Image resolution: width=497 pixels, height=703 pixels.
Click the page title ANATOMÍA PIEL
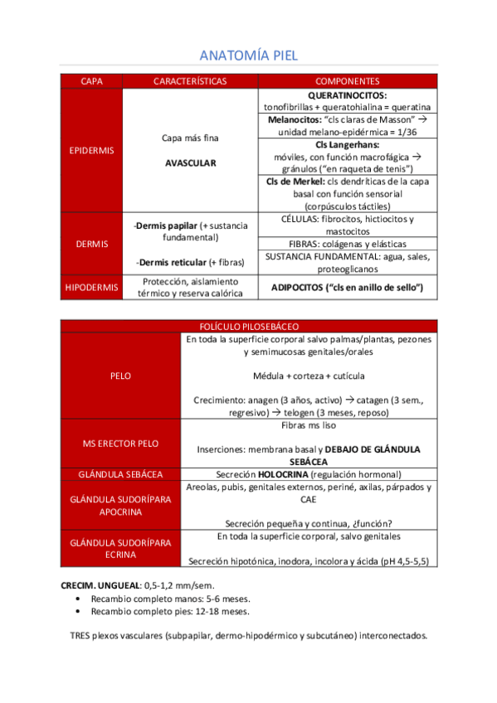coord(249,56)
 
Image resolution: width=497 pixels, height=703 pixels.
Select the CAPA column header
coord(91,81)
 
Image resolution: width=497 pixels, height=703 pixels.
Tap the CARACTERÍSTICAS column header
coord(190,81)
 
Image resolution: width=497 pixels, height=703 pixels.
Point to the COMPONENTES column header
coord(348,81)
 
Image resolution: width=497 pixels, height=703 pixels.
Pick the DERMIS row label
coord(91,244)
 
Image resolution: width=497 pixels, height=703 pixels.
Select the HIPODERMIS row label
coord(91,287)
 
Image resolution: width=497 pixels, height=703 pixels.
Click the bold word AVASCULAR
coord(190,163)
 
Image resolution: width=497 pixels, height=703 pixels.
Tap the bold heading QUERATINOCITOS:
coord(348,95)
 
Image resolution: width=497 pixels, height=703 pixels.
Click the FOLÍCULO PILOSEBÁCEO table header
coord(249,327)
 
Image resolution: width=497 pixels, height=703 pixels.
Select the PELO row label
coord(120,376)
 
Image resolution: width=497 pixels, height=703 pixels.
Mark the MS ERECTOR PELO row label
coord(120,444)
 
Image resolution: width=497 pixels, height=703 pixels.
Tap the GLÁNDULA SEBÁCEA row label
coord(120,474)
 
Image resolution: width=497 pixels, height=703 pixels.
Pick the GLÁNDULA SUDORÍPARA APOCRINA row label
coord(120,505)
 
